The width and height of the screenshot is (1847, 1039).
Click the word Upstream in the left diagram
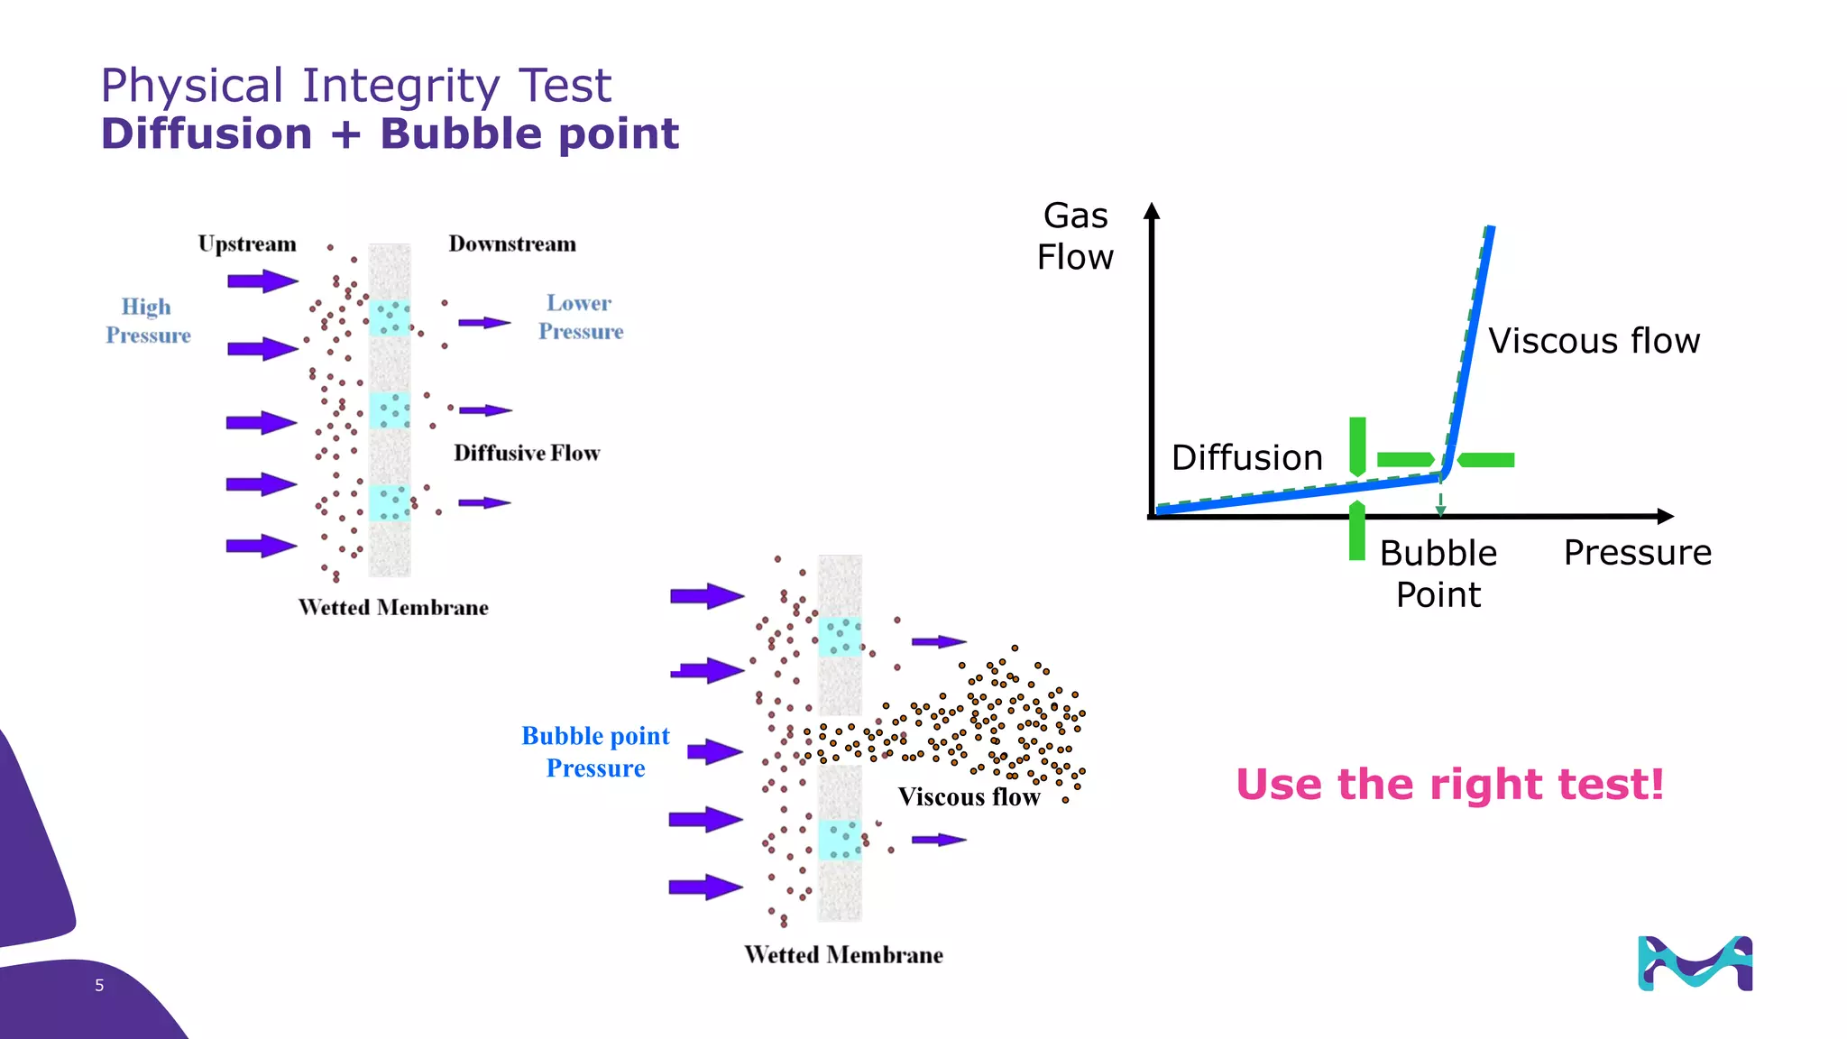tap(247, 244)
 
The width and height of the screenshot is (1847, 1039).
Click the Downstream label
tap(512, 244)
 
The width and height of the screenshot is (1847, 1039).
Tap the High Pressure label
tap(148, 320)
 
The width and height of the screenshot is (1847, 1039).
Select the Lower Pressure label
tap(581, 317)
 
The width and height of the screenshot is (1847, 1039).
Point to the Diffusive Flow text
tap(527, 453)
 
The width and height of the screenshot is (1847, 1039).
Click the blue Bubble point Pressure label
tap(595, 751)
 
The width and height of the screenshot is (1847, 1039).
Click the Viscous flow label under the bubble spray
tap(969, 797)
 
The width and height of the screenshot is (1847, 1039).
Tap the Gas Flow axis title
tap(1075, 236)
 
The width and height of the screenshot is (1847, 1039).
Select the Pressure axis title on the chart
tap(1637, 552)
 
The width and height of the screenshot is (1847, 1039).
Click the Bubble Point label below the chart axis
tap(1438, 574)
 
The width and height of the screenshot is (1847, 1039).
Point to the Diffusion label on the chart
tap(1246, 458)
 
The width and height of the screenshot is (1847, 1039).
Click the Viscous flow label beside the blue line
tap(1594, 341)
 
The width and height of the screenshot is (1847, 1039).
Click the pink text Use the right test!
tap(1449, 784)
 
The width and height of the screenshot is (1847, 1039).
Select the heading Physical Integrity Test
tap(355, 86)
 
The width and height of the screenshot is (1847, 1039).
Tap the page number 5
tap(99, 986)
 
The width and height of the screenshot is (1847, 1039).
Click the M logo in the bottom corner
tap(1695, 963)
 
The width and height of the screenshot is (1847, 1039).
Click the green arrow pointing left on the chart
tap(1486, 460)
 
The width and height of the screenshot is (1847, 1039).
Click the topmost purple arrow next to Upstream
tap(262, 281)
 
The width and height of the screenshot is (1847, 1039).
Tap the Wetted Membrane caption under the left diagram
tap(393, 607)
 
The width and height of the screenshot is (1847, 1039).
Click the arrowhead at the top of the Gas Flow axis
tap(1151, 211)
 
